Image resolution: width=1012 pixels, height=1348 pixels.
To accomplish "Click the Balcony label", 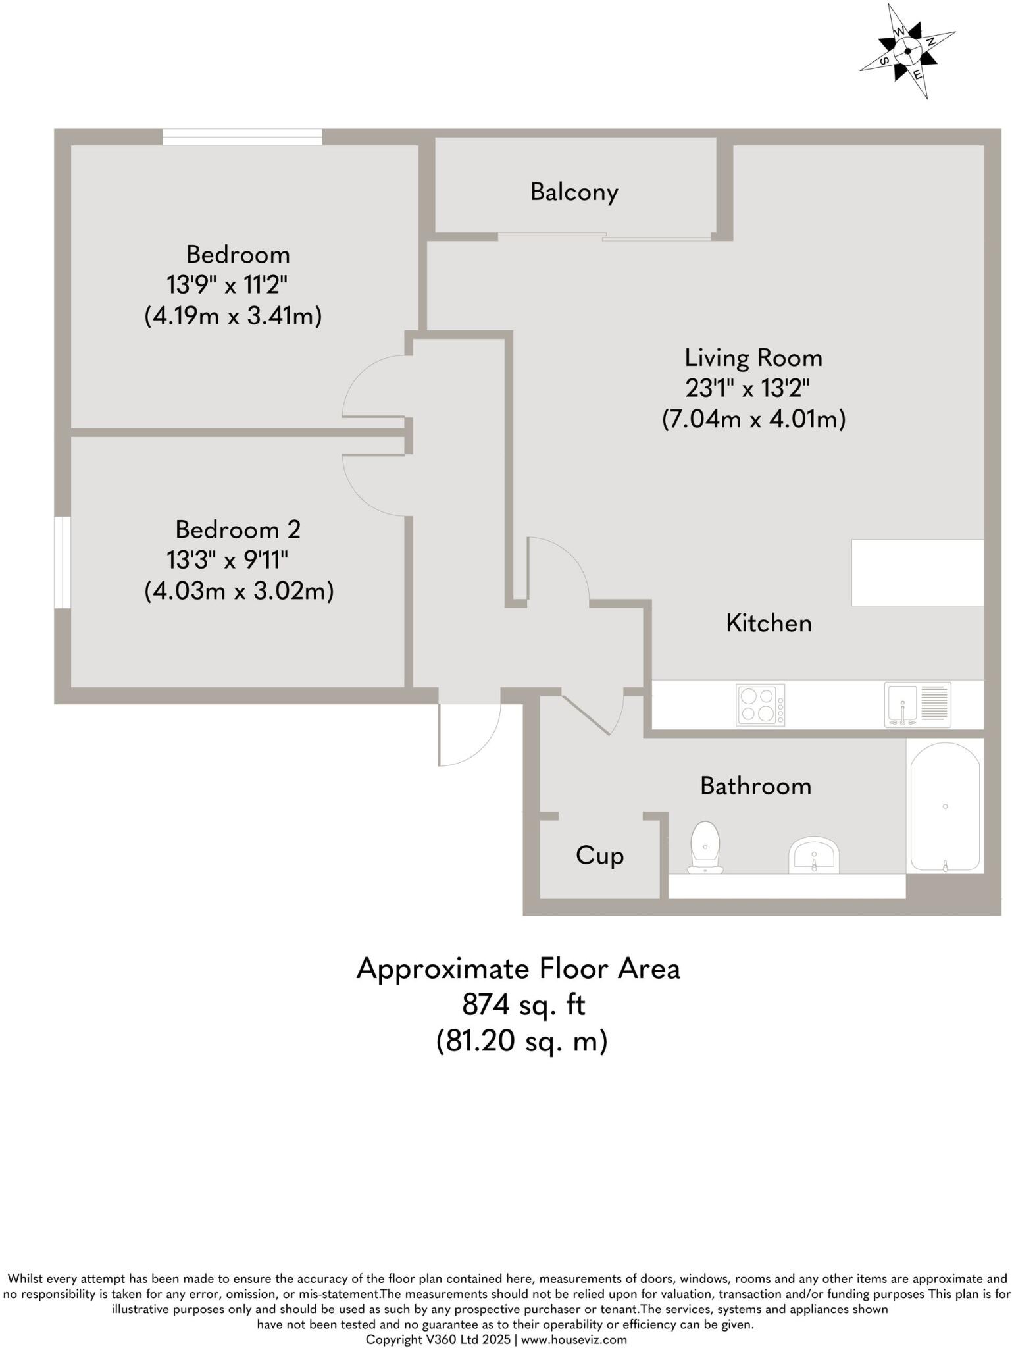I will point(574,192).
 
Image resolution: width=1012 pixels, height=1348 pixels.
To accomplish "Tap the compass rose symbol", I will point(907,51).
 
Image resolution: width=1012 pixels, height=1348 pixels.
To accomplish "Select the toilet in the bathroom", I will point(705,848).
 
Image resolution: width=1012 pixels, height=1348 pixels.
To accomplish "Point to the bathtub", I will point(945,807).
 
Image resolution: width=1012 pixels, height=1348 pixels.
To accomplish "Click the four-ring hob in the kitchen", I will point(761,705).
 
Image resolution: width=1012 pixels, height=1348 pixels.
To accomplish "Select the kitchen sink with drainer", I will point(917,705).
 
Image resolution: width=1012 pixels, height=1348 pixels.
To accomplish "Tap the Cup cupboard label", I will point(599,856).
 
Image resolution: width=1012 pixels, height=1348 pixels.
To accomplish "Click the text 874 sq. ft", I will point(523,1005).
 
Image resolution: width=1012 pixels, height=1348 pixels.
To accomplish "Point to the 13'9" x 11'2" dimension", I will point(227,286).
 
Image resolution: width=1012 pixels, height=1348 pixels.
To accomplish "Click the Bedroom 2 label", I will point(238,529).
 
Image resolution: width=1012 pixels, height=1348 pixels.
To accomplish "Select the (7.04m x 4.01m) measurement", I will point(753,419).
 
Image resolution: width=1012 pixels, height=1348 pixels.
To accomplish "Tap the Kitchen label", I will point(769,623).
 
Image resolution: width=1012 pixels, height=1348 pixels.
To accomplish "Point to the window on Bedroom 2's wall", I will point(63,562).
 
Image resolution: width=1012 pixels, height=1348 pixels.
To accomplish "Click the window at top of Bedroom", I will point(242,137).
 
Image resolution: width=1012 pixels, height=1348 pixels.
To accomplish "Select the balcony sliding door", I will point(604,236).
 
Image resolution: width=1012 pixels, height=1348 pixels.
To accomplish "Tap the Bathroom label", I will point(755,786).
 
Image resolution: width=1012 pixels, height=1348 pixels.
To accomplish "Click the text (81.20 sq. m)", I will point(521,1041).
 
